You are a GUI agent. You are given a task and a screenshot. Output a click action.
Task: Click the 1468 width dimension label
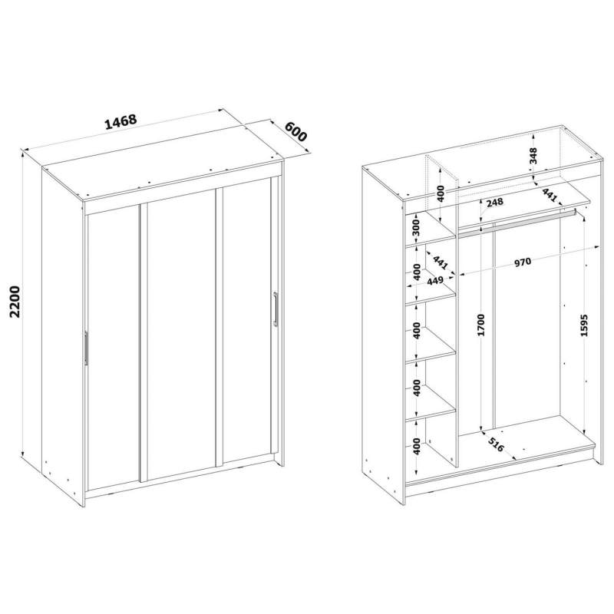pyautogui.click(x=121, y=122)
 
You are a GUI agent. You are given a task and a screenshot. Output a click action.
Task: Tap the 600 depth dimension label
pyautogui.click(x=295, y=132)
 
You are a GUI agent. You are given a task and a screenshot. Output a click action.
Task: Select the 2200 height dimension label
pyautogui.click(x=15, y=301)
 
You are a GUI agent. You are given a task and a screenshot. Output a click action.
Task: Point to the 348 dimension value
pyautogui.click(x=533, y=156)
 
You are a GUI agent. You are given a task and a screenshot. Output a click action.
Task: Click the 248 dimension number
pyautogui.click(x=494, y=203)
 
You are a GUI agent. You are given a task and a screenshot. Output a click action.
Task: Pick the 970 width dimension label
pyautogui.click(x=523, y=262)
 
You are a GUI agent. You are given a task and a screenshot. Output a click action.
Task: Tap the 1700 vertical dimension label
pyautogui.click(x=481, y=325)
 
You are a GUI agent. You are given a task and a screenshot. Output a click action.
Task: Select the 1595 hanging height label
pyautogui.click(x=584, y=325)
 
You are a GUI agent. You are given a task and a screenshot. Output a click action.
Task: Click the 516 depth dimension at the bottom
pyautogui.click(x=496, y=445)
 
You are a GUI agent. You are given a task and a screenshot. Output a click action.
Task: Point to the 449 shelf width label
pyautogui.click(x=434, y=281)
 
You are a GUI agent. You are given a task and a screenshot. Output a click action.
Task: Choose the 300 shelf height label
pyautogui.click(x=416, y=227)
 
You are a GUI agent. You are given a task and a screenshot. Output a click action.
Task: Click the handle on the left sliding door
pyautogui.click(x=86, y=348)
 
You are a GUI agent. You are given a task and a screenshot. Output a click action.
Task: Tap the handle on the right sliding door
pyautogui.click(x=276, y=309)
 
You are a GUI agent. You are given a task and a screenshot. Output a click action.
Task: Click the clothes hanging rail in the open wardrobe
pyautogui.click(x=516, y=223)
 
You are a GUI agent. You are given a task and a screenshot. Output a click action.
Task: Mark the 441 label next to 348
pyautogui.click(x=550, y=195)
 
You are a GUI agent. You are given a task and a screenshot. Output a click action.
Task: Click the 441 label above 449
pyautogui.click(x=440, y=262)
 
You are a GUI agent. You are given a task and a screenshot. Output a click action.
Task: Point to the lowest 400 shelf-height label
pyautogui.click(x=416, y=447)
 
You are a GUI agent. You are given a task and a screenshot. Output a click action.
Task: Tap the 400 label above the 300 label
pyautogui.click(x=440, y=194)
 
